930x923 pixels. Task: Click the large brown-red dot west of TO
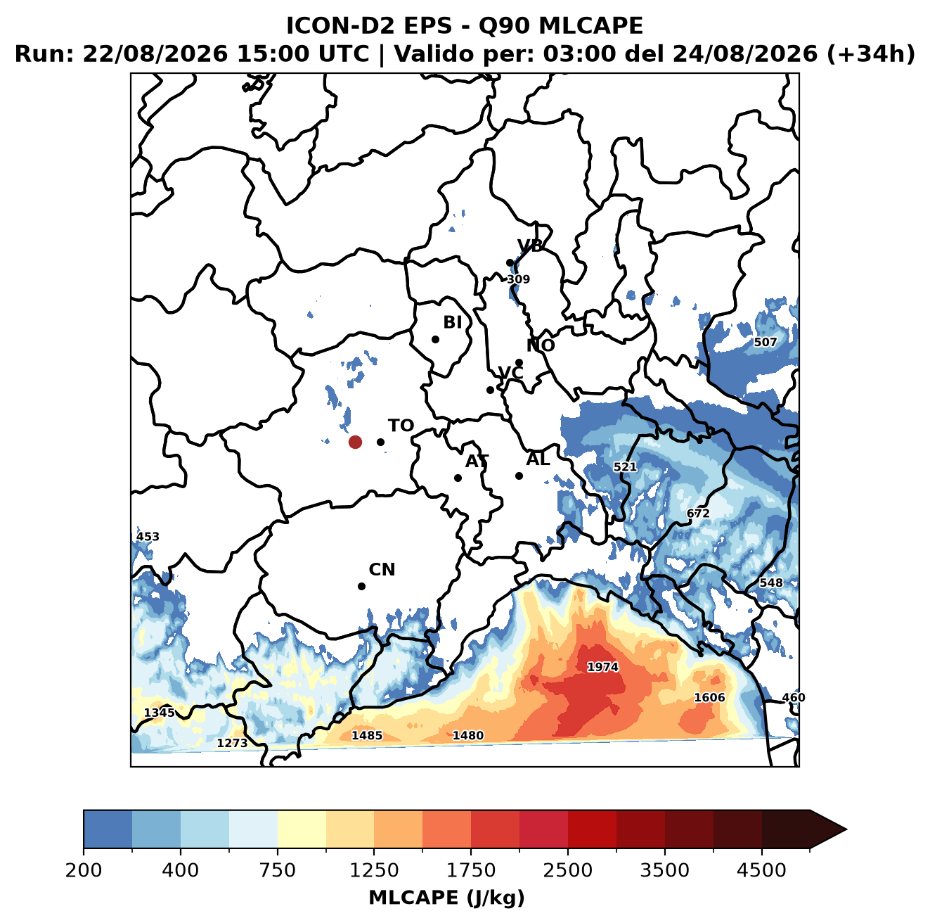[x=355, y=442]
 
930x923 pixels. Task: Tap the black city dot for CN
[x=361, y=586]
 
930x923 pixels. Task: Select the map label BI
[x=452, y=322]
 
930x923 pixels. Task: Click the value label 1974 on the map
[x=602, y=667]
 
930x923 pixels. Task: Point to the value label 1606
[x=709, y=697]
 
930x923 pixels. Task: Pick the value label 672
[x=698, y=513]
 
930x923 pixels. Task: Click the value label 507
[x=765, y=342]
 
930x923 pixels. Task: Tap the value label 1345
[x=160, y=713]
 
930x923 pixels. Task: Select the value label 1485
[x=367, y=736]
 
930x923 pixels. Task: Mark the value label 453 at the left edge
[x=147, y=537]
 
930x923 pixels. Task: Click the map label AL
[x=538, y=459]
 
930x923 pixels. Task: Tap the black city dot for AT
[x=458, y=478]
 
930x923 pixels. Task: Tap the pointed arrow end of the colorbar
[x=846, y=830]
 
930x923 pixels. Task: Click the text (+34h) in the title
[x=871, y=53]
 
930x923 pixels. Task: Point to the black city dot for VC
[x=490, y=390]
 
